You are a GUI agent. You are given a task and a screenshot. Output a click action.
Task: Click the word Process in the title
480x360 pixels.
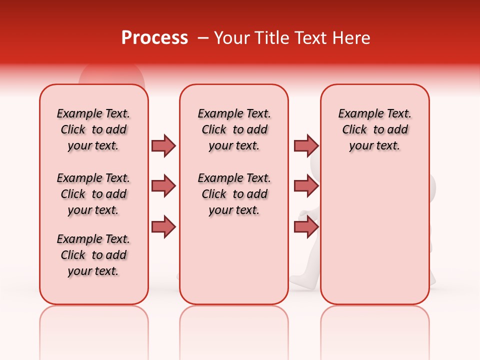[154, 38]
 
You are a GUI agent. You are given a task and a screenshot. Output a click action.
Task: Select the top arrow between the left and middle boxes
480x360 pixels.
[163, 145]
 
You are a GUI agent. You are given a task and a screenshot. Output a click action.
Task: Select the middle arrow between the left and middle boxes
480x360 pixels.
[163, 186]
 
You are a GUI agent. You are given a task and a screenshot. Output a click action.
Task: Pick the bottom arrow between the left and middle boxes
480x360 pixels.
[163, 226]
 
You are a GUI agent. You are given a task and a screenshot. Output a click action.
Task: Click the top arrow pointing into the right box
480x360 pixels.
[306, 145]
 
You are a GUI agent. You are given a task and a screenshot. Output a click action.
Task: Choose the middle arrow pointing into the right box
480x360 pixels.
[306, 186]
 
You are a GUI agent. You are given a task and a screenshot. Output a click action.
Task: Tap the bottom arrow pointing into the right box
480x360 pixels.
[306, 226]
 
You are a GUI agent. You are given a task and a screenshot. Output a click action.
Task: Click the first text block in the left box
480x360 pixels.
[93, 129]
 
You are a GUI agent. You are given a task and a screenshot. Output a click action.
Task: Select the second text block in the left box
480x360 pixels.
[93, 194]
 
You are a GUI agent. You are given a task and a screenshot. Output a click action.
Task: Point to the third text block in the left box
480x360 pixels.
[93, 255]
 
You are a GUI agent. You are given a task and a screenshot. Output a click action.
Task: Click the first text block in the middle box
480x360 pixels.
[234, 129]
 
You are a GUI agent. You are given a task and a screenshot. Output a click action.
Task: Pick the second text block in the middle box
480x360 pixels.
[234, 194]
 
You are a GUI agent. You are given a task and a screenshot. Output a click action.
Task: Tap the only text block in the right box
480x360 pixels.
[375, 129]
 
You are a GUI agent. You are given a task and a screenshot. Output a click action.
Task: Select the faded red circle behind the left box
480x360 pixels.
[111, 75]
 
